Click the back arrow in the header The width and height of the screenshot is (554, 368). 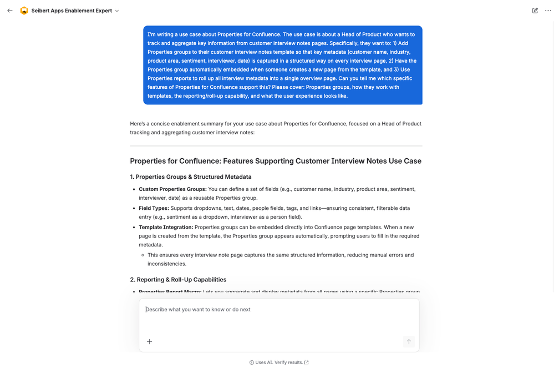(x=10, y=11)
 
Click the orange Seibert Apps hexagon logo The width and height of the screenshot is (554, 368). (x=24, y=11)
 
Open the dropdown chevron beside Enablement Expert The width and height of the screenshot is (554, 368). (x=117, y=11)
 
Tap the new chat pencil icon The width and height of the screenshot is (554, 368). (x=535, y=11)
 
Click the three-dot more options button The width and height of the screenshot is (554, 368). (x=548, y=11)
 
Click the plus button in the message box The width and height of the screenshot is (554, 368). (x=149, y=342)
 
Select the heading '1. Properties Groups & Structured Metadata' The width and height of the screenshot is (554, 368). (x=190, y=177)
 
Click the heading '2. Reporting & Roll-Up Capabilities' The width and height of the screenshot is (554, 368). (x=178, y=280)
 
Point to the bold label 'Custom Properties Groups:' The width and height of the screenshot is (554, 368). (x=172, y=189)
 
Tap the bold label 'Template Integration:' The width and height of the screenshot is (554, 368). (x=166, y=227)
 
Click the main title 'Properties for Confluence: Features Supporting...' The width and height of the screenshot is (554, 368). (x=276, y=161)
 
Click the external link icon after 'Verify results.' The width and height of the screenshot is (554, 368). (x=307, y=362)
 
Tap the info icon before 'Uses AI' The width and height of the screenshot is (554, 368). (x=252, y=362)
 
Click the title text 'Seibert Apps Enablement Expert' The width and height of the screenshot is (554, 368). (x=72, y=11)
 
